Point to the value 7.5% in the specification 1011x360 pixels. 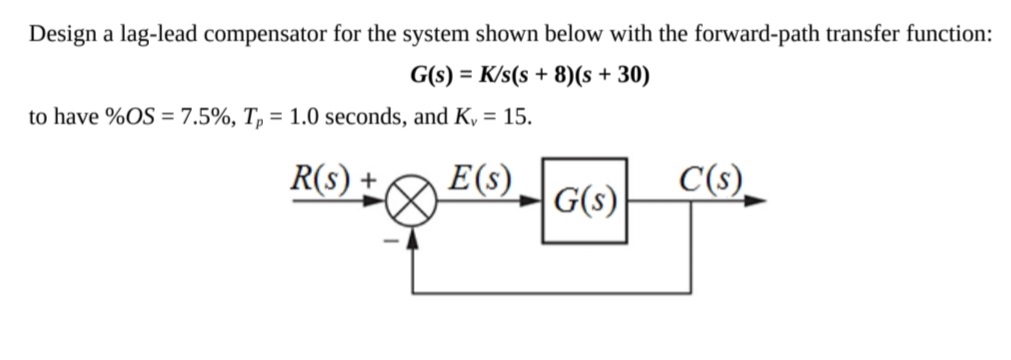(195, 117)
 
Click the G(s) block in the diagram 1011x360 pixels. (585, 201)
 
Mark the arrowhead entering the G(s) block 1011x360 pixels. (535, 201)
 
